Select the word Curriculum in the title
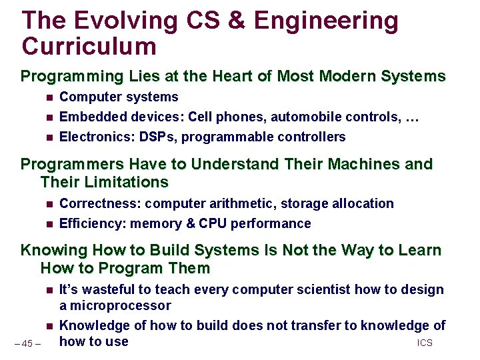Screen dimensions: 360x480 (x=89, y=47)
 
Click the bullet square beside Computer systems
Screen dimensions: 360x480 (x=49, y=97)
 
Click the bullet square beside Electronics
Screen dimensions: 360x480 (x=49, y=137)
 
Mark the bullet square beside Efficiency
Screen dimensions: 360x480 (x=49, y=224)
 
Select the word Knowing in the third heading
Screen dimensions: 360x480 (x=54, y=251)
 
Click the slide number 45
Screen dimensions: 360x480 (x=27, y=344)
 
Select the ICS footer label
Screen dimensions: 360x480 (x=425, y=343)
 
